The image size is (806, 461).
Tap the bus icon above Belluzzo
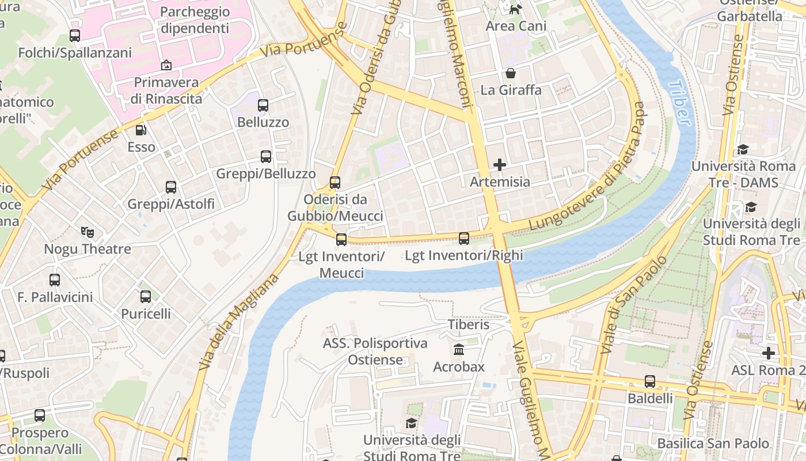click(x=263, y=105)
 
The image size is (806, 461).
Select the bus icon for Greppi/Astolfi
click(x=171, y=187)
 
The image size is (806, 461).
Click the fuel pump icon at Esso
click(x=141, y=130)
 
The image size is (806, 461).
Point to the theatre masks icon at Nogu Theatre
click(x=87, y=232)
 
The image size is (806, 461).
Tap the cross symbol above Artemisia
click(x=500, y=165)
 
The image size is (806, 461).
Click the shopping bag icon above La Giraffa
click(x=511, y=73)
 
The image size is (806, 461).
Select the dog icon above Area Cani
click(x=515, y=9)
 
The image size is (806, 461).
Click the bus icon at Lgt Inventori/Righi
click(x=464, y=238)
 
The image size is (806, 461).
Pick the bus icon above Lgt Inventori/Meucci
click(x=341, y=239)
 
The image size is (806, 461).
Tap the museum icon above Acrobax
click(x=459, y=350)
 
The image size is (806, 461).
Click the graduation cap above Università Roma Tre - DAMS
click(x=743, y=150)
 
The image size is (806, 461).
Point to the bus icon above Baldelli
click(x=650, y=381)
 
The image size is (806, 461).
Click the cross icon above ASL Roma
click(x=769, y=353)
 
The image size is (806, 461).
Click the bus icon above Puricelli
click(x=146, y=297)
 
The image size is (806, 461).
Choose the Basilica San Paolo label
click(x=713, y=443)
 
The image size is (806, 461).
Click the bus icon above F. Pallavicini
click(x=55, y=280)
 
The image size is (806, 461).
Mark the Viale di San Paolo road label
click(x=633, y=305)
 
